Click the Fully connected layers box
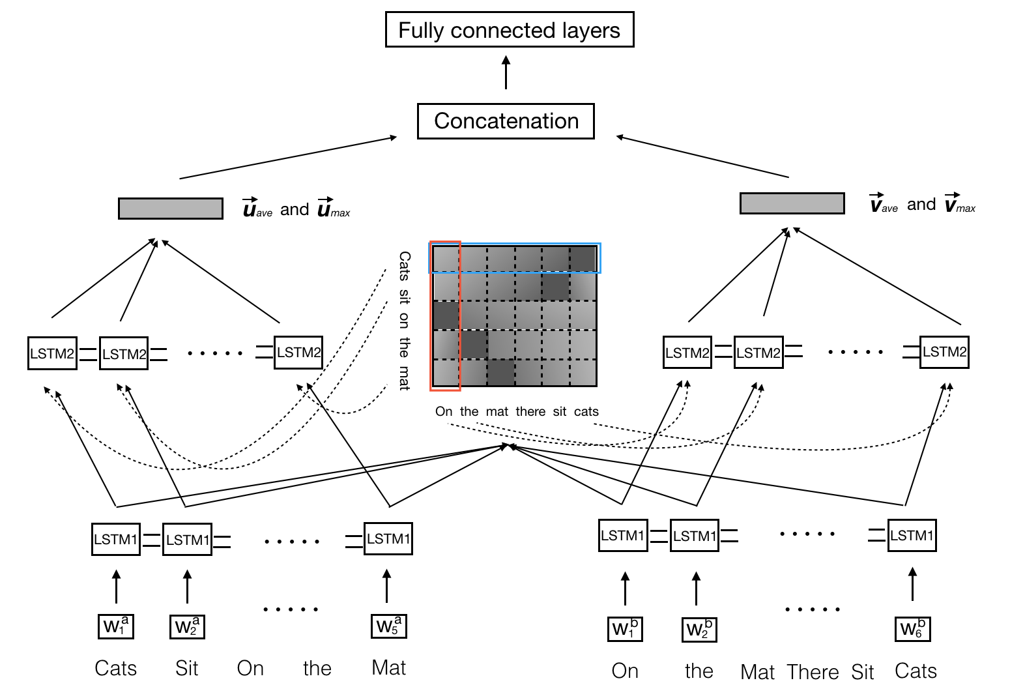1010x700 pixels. pos(509,30)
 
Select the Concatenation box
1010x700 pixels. pos(506,121)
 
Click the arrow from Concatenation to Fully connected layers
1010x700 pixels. pos(506,72)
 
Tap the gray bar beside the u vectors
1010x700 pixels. pos(171,209)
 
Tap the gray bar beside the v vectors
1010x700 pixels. pos(792,203)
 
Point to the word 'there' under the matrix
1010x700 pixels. pos(530,412)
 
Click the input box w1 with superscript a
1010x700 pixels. pos(116,626)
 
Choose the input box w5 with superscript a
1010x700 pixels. pos(388,626)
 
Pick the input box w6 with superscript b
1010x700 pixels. pos(912,628)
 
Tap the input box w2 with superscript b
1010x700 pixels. pos(699,630)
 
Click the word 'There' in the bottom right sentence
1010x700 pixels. pos(813,672)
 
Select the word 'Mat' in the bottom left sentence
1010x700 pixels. pos(388,668)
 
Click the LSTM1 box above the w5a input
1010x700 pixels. pos(388,539)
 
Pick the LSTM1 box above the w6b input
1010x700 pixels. pos(912,536)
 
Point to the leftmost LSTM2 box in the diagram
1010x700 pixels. pos(52,354)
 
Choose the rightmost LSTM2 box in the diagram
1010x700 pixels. pos(944,352)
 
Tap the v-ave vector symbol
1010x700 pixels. pos(884,205)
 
